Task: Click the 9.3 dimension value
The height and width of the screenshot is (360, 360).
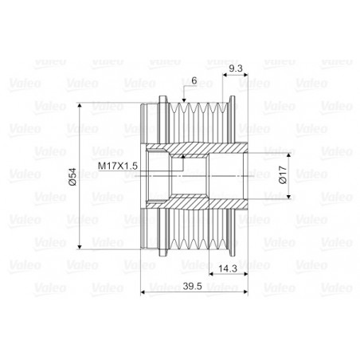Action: [x=235, y=69]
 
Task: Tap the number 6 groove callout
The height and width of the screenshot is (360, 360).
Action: [x=194, y=80]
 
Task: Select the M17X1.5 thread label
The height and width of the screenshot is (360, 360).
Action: [x=118, y=165]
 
